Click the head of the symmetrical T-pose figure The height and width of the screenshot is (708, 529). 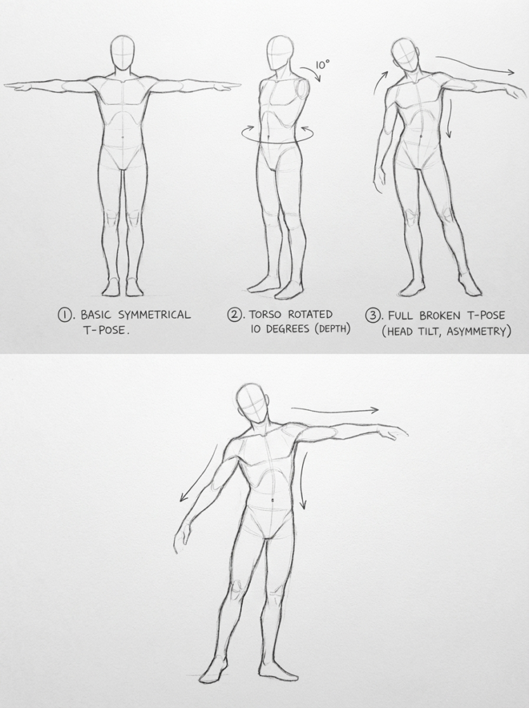pos(122,53)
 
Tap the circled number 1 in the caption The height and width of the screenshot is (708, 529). pos(65,315)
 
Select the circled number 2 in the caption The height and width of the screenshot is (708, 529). pos(235,315)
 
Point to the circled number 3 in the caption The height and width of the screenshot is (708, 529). pos(373,315)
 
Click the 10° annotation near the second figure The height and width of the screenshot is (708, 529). pos(322,64)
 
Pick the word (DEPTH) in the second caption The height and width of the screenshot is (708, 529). pos(333,329)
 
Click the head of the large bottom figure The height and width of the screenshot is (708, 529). pos(252,403)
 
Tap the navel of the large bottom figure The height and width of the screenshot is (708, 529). pos(274,500)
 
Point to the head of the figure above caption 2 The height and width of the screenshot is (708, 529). pos(279,53)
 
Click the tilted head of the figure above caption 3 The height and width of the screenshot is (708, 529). pos(405,54)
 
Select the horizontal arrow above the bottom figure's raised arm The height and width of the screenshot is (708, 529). pos(335,410)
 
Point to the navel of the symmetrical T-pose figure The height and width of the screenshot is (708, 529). pos(123,136)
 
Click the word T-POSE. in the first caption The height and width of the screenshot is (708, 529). pos(105,330)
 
